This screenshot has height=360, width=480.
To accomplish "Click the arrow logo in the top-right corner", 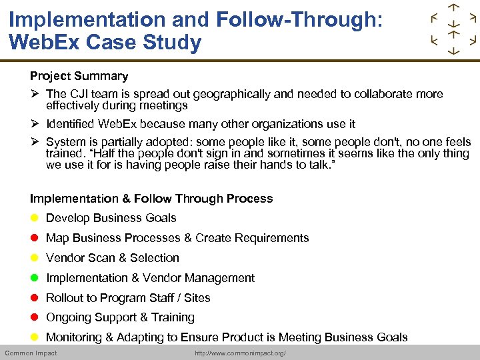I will pyautogui.click(x=453, y=30).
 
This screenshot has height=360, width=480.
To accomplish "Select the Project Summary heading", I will pyautogui.click(x=79, y=76).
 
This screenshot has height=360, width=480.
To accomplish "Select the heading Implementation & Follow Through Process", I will pyautogui.click(x=151, y=199).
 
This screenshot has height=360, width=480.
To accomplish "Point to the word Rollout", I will pyautogui.click(x=65, y=298).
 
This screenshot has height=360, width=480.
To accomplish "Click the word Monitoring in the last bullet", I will pyautogui.click(x=72, y=337).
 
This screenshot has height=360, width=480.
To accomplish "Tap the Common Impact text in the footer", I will pyautogui.click(x=31, y=353).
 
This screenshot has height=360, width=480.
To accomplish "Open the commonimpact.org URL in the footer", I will pyautogui.click(x=240, y=353).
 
